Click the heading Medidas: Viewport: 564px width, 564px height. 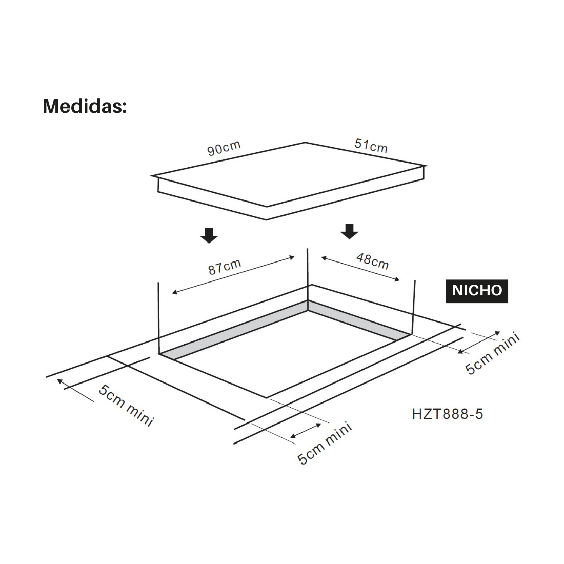85,106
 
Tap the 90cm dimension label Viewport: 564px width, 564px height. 224,148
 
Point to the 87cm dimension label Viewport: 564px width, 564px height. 225,267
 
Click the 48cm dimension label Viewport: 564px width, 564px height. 373,261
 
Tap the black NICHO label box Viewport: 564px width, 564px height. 476,290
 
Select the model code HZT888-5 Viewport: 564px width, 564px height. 447,414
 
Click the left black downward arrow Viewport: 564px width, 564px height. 209,235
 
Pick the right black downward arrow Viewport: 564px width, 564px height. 350,231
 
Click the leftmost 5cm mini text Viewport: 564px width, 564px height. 126,406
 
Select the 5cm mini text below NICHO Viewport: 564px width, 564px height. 493,354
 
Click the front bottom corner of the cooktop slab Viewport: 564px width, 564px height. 266,219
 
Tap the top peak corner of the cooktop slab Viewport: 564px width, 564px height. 306,143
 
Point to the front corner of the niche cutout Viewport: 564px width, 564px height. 266,397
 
